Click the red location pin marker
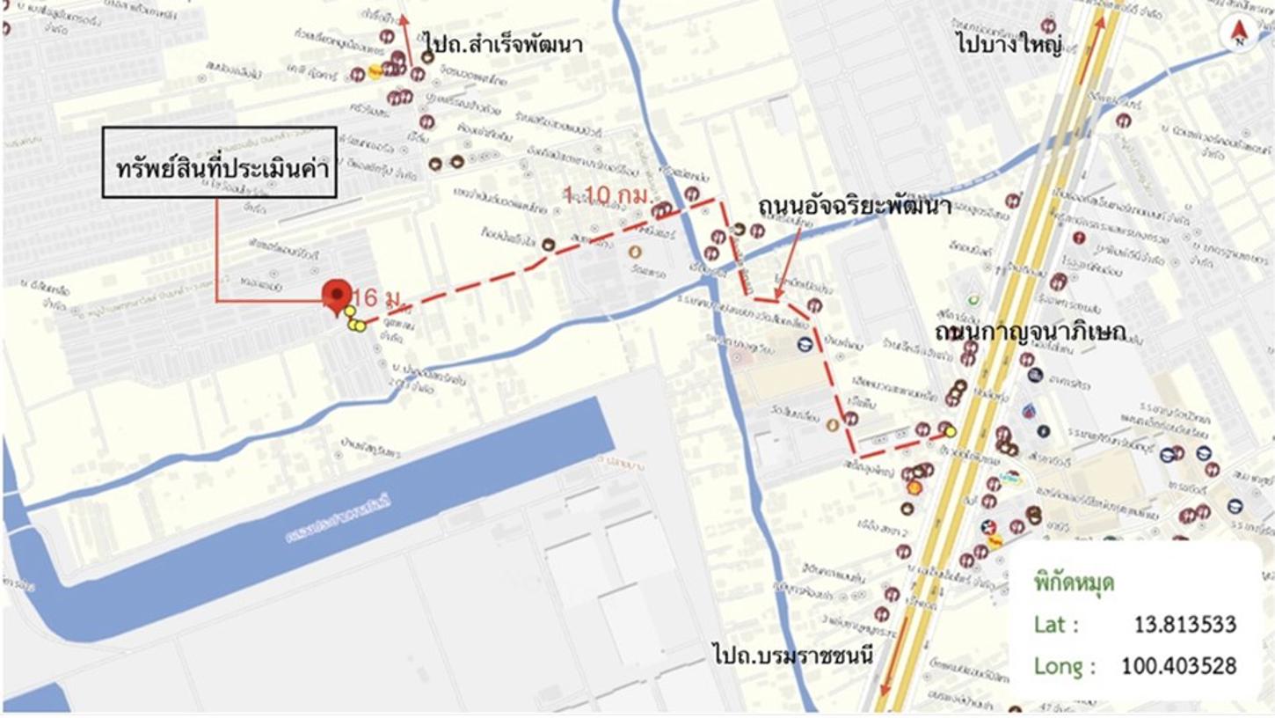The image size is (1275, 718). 337,296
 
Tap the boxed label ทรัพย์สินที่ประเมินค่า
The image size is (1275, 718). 220,162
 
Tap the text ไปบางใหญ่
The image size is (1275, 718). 1009,42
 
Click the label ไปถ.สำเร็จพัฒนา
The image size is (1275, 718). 503,42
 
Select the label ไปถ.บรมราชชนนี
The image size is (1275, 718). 791,653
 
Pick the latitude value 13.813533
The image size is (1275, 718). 1184,625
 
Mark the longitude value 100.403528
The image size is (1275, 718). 1178,666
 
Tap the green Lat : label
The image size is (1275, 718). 1055,625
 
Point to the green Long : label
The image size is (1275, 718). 1059,666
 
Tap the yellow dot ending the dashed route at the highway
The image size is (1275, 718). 950,431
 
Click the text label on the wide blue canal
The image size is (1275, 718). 339,519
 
